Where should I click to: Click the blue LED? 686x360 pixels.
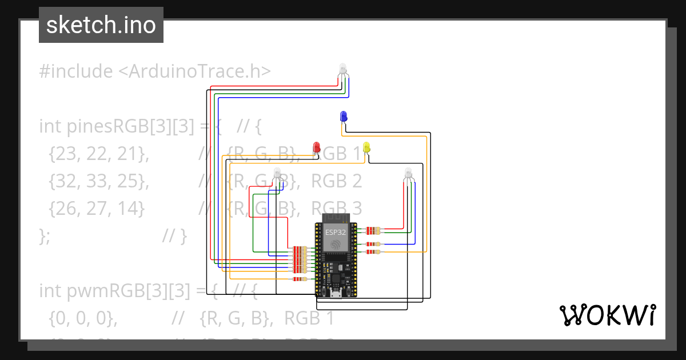pyautogui.click(x=344, y=116)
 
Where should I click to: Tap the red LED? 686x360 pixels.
pyautogui.click(x=316, y=147)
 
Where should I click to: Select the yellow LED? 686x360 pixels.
pyautogui.click(x=366, y=147)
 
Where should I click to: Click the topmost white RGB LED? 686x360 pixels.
pyautogui.click(x=343, y=70)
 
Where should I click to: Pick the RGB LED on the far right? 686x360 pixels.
pyautogui.click(x=408, y=173)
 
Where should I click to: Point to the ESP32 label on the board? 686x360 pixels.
pyautogui.click(x=335, y=232)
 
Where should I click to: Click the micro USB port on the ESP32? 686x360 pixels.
pyautogui.click(x=337, y=294)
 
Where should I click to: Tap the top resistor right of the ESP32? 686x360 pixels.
pyautogui.click(x=373, y=230)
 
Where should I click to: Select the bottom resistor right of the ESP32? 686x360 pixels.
pyautogui.click(x=373, y=251)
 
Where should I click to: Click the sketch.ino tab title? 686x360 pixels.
pyautogui.click(x=101, y=25)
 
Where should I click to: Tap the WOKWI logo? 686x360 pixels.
pyautogui.click(x=607, y=315)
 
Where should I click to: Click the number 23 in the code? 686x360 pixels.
pyautogui.click(x=60, y=153)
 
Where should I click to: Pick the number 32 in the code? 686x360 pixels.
pyautogui.click(x=60, y=181)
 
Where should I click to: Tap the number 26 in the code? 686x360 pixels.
pyautogui.click(x=60, y=208)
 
